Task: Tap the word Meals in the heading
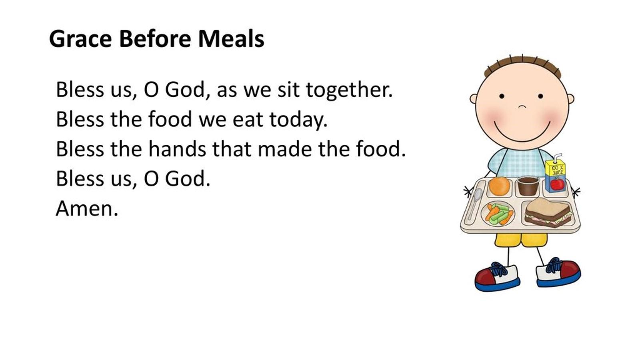pos(231,39)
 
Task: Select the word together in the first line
pos(349,90)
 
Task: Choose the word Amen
pos(87,209)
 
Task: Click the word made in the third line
pos(285,149)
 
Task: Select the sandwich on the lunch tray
pos(548,213)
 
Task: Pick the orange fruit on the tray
pos(499,186)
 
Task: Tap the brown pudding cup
pos(528,186)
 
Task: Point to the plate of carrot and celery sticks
pos(498,214)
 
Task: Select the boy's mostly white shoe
pos(558,272)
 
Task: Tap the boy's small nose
pos(522,106)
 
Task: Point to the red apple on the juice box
pos(557,184)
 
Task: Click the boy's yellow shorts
pos(521,240)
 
